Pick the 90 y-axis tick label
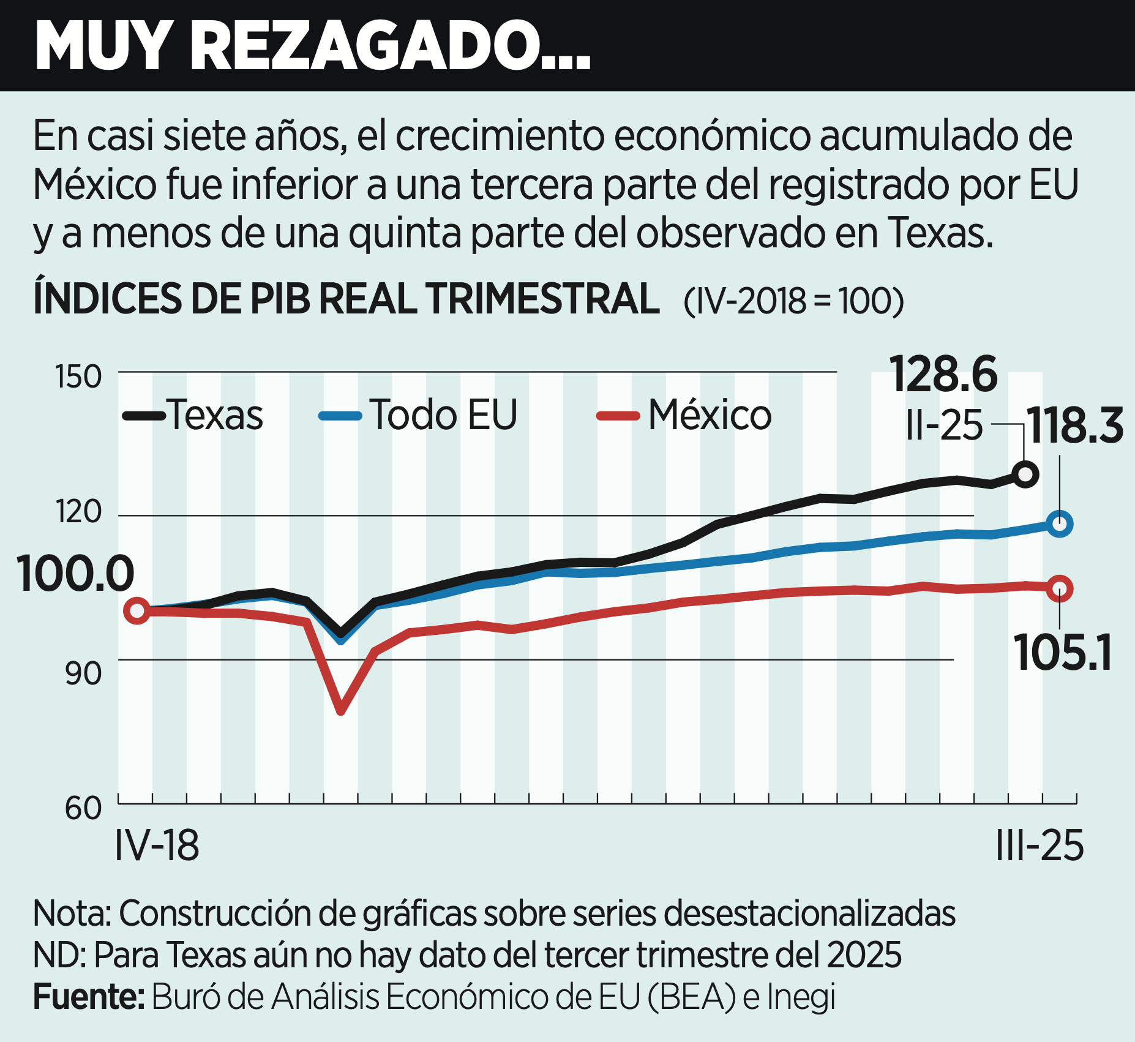coord(83,673)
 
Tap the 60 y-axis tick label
coord(83,808)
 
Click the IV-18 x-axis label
coord(157,846)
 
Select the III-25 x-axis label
coord(1039,846)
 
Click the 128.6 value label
coord(943,374)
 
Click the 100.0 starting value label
coord(75,574)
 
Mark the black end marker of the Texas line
coord(1025,474)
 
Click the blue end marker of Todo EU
coord(1060,524)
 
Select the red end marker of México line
coord(1060,588)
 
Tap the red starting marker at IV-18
coord(137,610)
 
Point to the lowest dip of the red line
coord(341,710)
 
